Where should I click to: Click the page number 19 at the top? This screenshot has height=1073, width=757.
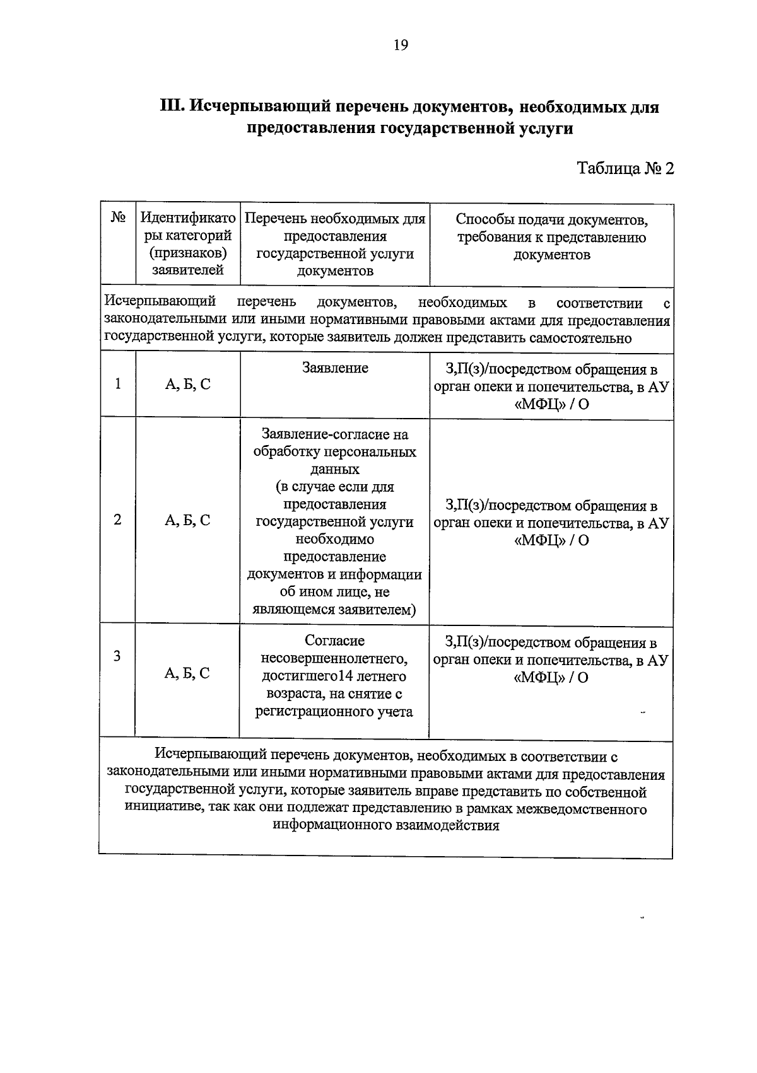point(401,45)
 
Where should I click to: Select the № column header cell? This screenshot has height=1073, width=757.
point(118,218)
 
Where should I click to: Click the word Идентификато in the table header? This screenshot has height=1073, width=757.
point(188,218)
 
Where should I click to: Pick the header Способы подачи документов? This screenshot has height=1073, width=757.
point(551,220)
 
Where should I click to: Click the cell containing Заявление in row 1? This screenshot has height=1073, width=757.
point(335,368)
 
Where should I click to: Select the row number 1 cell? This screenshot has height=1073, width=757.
point(118,384)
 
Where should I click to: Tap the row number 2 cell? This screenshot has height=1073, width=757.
point(118,520)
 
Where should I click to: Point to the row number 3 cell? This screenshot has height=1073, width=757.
point(117,656)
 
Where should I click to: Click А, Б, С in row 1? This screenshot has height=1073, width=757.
point(187,385)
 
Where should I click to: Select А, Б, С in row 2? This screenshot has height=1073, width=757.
point(187,521)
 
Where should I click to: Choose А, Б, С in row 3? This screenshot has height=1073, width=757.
point(187,673)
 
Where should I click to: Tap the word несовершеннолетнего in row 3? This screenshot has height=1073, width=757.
point(334,659)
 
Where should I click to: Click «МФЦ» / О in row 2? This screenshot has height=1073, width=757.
point(551,541)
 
